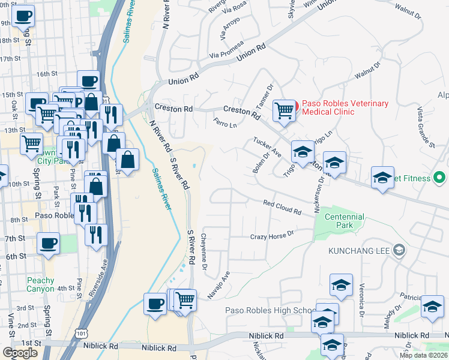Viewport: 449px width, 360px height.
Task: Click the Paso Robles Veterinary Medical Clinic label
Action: (x=345, y=107)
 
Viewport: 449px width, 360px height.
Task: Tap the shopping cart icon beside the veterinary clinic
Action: (x=284, y=110)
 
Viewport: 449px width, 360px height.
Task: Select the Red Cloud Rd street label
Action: (x=282, y=207)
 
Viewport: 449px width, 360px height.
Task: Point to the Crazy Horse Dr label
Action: (x=273, y=234)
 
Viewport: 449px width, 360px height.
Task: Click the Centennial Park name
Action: (x=344, y=221)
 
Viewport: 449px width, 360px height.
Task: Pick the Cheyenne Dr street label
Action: (x=205, y=251)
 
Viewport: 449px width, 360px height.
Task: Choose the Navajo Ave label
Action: (x=222, y=283)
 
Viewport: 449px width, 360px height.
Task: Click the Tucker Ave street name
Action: (x=267, y=146)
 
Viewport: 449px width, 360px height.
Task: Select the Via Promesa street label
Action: (x=226, y=50)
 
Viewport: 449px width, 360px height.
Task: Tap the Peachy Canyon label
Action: (x=40, y=284)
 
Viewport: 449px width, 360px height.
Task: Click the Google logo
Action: (x=20, y=353)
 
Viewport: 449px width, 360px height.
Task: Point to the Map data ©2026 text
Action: (x=424, y=355)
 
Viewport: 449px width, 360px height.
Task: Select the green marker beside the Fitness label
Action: (x=439, y=178)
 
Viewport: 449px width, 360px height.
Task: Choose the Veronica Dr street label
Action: (x=362, y=300)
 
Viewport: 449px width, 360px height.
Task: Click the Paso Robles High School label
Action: (x=268, y=310)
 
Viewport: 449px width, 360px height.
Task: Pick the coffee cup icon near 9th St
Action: (x=23, y=15)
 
